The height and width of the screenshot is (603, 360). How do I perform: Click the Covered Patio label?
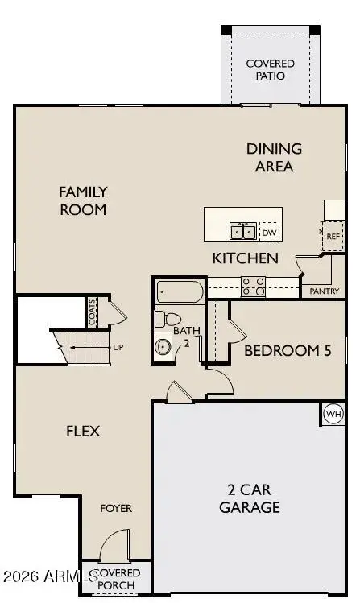tap(270, 69)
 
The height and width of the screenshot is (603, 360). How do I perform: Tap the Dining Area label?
tap(274, 158)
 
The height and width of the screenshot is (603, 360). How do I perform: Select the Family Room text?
tap(83, 200)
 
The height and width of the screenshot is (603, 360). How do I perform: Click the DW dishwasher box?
tap(268, 233)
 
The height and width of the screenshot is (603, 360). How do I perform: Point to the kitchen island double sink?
tap(242, 232)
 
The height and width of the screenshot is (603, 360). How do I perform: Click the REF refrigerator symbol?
tap(333, 236)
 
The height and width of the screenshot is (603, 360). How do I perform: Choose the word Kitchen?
tap(246, 258)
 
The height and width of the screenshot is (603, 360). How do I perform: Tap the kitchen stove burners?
tap(254, 286)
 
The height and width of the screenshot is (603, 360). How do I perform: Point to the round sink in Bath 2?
tap(163, 348)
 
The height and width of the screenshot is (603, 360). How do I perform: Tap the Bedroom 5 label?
tap(288, 350)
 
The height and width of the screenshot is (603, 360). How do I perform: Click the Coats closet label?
tap(93, 312)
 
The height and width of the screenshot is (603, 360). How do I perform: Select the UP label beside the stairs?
tap(118, 348)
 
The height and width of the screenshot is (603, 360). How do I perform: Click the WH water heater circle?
tap(333, 414)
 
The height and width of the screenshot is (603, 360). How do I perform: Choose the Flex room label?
tap(83, 431)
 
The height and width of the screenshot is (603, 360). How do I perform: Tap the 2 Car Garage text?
tap(253, 498)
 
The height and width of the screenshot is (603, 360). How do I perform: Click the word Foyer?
tap(116, 509)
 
